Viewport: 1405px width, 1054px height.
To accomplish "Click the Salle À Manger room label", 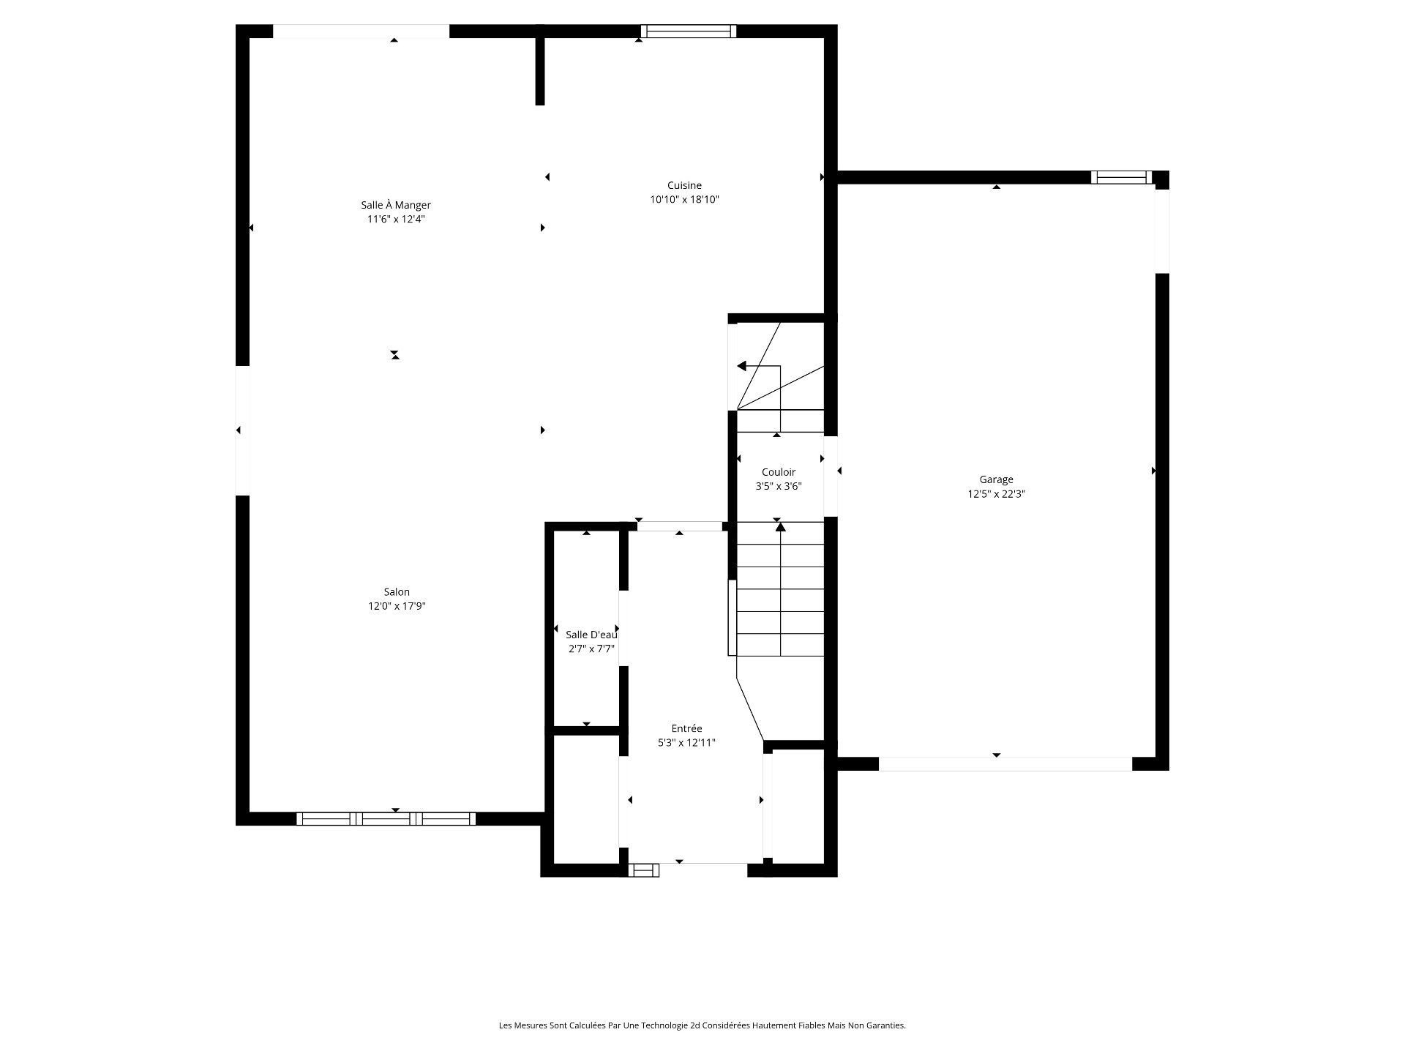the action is [396, 205].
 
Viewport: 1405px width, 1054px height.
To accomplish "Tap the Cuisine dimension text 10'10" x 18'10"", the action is [685, 199].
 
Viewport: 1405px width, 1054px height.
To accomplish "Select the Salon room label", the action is [397, 592].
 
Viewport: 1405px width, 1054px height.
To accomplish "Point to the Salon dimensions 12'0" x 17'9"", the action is [397, 606].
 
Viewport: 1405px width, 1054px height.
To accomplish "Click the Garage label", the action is [997, 479].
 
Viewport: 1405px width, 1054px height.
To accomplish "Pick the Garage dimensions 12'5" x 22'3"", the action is [997, 494].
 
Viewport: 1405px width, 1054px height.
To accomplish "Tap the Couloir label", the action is [779, 472].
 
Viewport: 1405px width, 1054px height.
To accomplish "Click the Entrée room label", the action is [686, 728].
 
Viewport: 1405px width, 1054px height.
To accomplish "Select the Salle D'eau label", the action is [591, 635].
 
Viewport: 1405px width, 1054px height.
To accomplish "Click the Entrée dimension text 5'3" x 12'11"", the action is [686, 742].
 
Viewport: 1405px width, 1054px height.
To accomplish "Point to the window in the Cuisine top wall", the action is [689, 31].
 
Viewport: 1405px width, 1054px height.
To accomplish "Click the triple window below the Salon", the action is [386, 819].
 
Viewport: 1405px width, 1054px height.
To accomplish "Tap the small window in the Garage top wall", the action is [1121, 177].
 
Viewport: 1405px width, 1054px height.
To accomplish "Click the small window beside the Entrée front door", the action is [644, 870].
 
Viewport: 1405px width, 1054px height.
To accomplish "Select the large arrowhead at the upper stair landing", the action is [741, 366].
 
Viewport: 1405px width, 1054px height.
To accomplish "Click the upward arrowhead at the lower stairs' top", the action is [781, 526].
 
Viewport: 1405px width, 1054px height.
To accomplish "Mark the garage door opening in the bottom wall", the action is [1005, 764].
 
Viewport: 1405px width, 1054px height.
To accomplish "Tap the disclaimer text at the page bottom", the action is [702, 1025].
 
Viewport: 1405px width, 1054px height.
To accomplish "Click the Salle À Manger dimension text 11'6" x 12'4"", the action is [396, 219].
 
